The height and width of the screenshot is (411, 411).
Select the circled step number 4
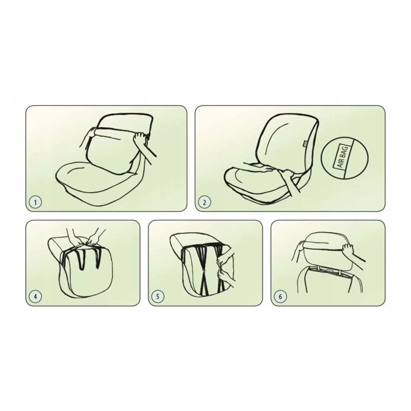[x=35, y=297]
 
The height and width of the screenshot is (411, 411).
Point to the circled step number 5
[x=158, y=297]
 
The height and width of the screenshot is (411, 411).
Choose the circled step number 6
[x=280, y=297]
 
